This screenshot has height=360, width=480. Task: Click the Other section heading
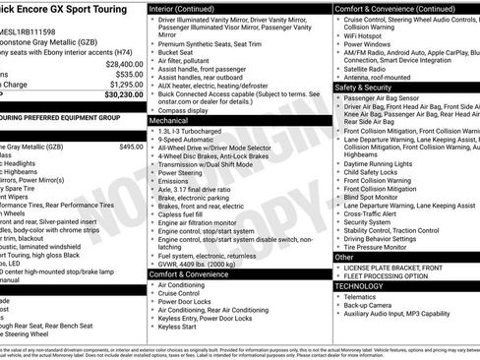click(344, 257)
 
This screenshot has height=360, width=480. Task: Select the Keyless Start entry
click(183, 325)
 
